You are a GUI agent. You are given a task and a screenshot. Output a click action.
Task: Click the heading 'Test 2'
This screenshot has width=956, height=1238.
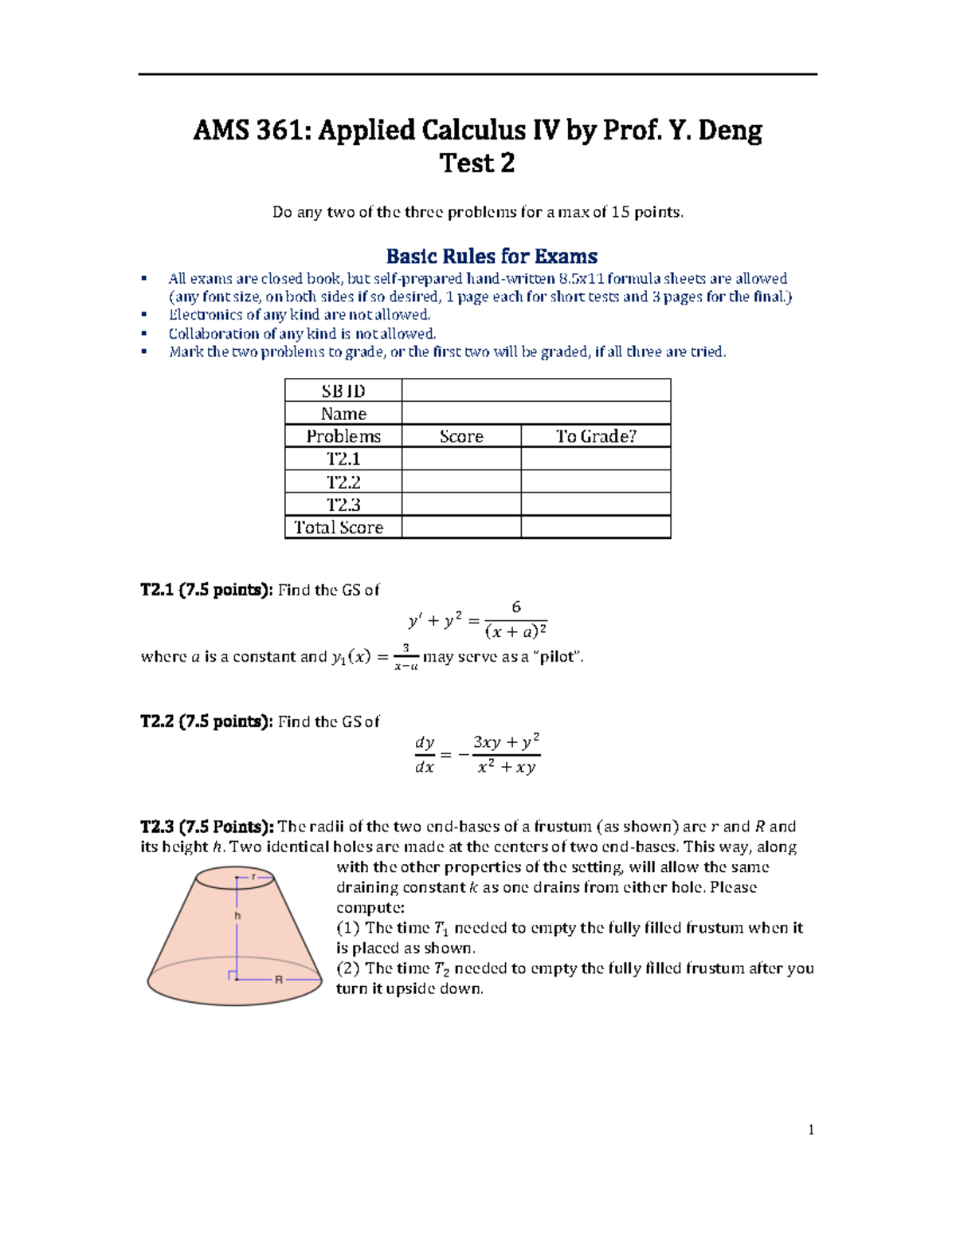point(476,163)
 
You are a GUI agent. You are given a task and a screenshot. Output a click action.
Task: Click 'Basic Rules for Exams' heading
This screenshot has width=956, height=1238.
point(492,256)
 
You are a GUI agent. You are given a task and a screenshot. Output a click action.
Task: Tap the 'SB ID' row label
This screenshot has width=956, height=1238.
point(343,391)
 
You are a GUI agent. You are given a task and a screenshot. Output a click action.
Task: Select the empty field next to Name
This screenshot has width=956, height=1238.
point(535,413)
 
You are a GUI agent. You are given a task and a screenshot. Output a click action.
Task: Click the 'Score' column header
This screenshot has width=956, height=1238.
point(461,436)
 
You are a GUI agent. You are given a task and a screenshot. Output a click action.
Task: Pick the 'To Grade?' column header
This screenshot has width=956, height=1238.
point(595,436)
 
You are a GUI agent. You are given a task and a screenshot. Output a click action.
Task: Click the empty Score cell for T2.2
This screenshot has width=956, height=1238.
point(461,481)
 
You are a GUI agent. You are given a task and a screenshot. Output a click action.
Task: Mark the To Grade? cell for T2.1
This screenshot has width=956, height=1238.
point(595,458)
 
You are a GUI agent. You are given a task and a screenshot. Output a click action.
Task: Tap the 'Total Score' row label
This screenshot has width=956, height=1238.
point(339,527)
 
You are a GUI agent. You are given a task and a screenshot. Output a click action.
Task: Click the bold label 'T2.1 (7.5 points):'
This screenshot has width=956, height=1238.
point(206,590)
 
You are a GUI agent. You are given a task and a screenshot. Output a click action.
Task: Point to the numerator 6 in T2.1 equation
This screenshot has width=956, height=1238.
point(515,607)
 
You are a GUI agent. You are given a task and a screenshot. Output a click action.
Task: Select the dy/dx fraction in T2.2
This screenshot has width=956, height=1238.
point(425,754)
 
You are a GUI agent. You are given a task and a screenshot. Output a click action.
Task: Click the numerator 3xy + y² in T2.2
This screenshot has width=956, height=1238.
point(506,742)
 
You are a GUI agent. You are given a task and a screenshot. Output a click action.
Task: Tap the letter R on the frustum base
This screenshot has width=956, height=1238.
point(279,979)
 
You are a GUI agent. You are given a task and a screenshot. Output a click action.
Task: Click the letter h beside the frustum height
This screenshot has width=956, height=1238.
point(237,916)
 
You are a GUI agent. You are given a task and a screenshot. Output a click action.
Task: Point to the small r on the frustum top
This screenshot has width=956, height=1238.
point(253,876)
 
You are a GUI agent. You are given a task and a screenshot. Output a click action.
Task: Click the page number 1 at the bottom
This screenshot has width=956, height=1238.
point(810,1129)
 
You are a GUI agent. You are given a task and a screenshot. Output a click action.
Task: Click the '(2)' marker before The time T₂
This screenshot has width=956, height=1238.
point(348,968)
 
